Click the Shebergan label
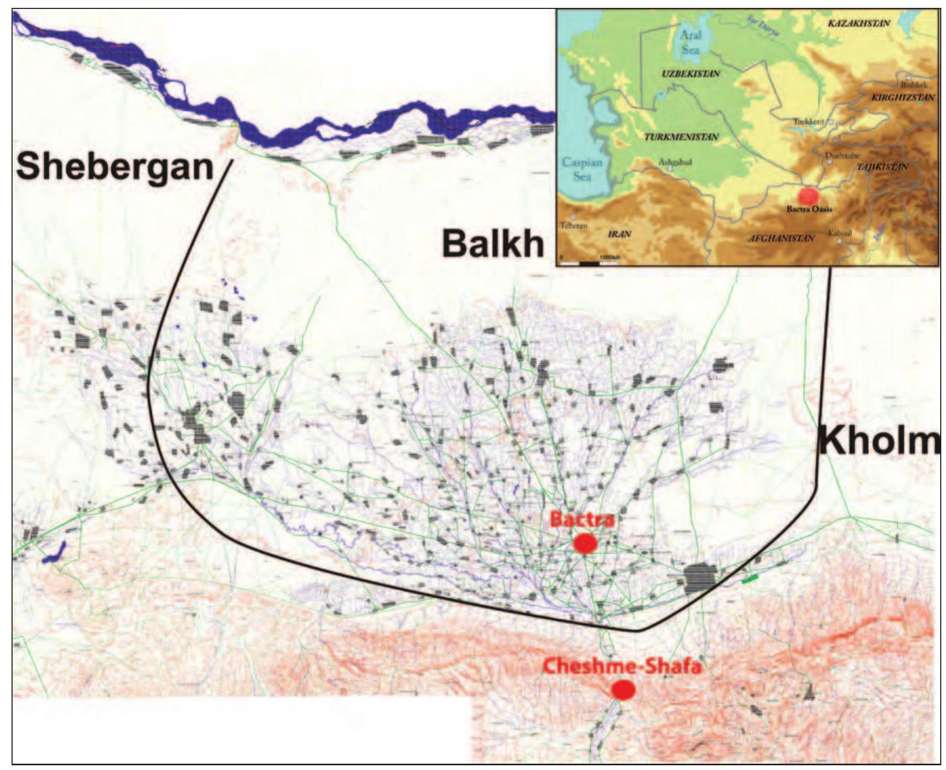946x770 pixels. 115,167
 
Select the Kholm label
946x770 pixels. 880,442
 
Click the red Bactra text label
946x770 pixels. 582,520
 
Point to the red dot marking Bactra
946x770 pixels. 585,543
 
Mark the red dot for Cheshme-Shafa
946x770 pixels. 623,690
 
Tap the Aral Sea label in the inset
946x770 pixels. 690,43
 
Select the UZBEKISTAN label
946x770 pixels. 690,74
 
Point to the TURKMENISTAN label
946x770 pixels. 680,137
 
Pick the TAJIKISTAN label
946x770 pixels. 882,167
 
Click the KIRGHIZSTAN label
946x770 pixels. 902,98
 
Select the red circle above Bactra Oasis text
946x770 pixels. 808,195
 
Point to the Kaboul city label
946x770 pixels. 839,233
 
